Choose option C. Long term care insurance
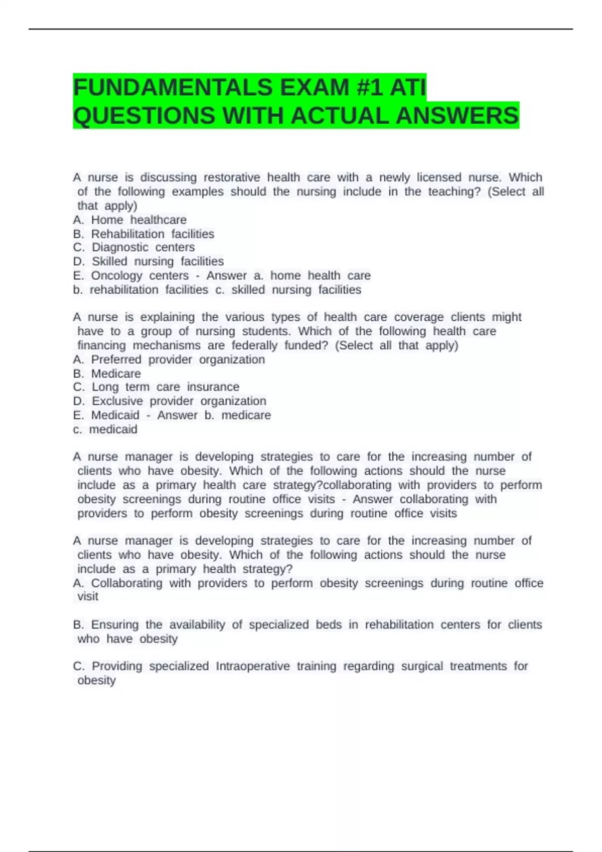156,387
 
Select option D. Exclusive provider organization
170,401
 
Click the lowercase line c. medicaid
105,429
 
